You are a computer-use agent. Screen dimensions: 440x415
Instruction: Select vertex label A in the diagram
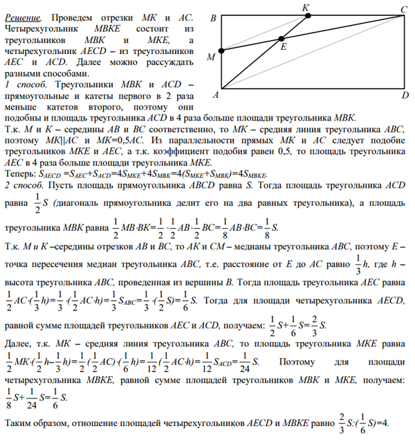(214, 94)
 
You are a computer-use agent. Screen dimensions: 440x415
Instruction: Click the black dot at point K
(307, 15)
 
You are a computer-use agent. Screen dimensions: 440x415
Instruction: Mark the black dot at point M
(221, 51)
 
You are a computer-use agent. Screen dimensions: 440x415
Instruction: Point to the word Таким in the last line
(21, 423)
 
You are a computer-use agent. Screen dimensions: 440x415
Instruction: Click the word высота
(20, 276)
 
